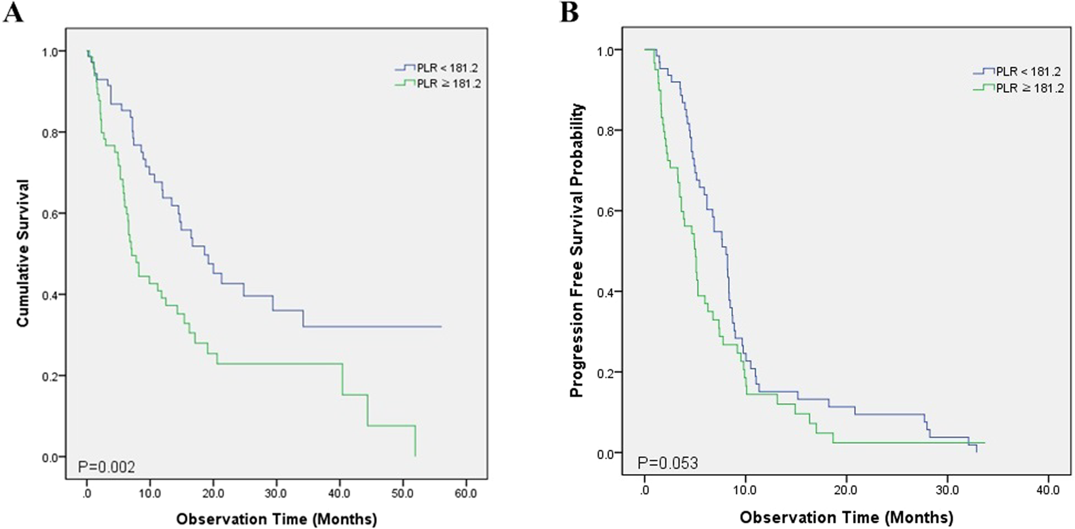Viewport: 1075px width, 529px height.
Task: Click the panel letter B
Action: click(569, 13)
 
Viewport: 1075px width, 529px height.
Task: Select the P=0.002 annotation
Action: click(107, 467)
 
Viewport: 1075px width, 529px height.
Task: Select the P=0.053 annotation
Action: click(667, 463)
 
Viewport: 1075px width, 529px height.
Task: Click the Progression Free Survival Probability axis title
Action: click(576, 251)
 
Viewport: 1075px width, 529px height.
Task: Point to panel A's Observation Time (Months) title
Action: click(276, 519)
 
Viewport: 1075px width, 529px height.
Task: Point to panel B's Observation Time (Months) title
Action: click(846, 517)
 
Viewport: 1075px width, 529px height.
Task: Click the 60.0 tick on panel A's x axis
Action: click(466, 492)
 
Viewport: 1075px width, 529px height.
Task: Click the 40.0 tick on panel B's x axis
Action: click(1048, 489)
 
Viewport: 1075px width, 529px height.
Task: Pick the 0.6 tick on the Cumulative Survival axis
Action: click(50, 213)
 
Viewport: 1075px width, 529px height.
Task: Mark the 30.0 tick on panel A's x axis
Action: click(276, 492)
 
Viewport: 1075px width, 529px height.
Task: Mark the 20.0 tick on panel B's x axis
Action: click(846, 489)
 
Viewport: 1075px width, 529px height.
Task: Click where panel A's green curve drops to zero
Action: click(415, 456)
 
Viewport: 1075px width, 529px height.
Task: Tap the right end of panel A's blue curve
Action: click(441, 326)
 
